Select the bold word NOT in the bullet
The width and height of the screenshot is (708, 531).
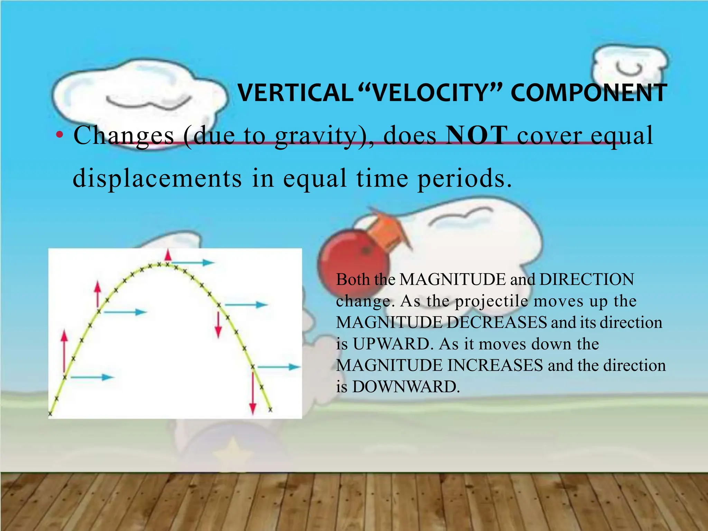477,136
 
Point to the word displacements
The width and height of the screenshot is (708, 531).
157,178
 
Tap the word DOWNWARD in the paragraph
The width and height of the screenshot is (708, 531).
406,386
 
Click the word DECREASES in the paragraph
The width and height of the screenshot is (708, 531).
497,322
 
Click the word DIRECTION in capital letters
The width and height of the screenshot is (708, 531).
587,279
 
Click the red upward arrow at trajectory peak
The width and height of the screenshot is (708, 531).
168,255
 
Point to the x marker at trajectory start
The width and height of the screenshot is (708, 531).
50,413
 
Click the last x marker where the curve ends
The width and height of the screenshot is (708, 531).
270,410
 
